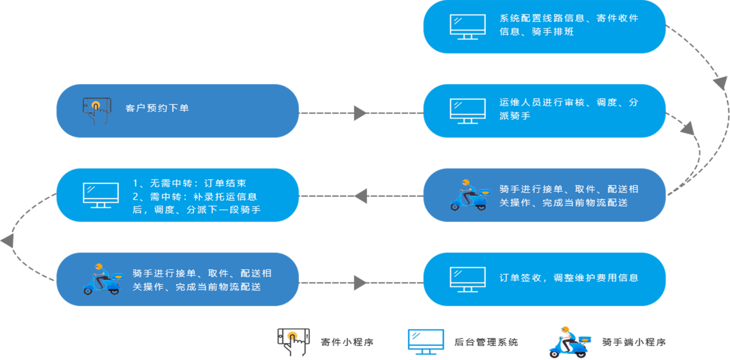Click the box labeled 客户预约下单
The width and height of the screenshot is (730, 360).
point(177,111)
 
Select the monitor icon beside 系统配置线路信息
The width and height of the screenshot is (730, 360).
point(467,26)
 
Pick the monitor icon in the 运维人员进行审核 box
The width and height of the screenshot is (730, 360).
point(467,111)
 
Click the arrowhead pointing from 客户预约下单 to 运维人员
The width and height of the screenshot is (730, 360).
point(361,114)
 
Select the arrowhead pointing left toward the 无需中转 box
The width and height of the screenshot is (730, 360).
point(361,195)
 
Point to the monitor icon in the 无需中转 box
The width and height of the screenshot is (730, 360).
point(101,195)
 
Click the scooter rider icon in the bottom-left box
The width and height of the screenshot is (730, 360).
point(102,279)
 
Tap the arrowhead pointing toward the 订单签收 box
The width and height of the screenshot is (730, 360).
point(361,282)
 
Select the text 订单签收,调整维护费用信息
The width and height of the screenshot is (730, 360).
point(569,278)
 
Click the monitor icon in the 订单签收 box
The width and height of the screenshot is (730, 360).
point(467,278)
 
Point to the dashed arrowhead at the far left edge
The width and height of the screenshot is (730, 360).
point(7,241)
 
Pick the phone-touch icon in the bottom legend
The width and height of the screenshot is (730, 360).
point(294,342)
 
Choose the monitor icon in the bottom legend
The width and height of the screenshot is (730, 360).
point(425,342)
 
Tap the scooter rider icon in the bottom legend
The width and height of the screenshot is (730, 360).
point(569,342)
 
